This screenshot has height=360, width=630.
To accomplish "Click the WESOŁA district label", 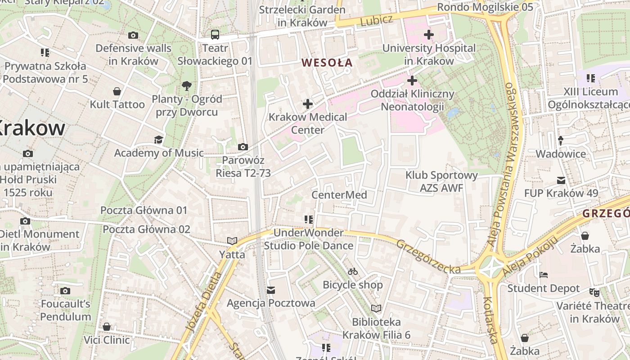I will [x=327, y=63].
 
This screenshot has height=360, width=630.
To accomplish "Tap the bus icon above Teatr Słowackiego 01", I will [x=215, y=34].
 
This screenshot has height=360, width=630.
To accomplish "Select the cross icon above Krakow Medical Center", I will [x=307, y=104].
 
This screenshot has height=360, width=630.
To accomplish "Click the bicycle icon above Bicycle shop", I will [x=353, y=271].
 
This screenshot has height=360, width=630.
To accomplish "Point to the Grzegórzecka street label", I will [x=428, y=256].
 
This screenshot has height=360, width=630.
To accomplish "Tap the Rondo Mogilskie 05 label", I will [x=485, y=7].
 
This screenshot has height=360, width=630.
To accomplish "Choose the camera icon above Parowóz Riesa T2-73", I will [x=243, y=147].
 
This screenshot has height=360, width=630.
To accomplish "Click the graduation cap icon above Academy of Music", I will [x=158, y=139].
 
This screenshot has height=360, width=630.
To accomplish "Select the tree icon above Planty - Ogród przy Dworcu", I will [x=186, y=85].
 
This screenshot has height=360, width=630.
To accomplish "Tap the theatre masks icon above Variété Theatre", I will [x=594, y=292].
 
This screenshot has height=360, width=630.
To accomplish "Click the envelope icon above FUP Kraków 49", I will [x=561, y=180].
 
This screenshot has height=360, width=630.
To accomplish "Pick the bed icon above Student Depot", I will [x=544, y=274].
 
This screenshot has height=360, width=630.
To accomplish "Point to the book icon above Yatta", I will [x=232, y=241].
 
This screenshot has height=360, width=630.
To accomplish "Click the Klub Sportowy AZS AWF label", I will [x=441, y=181].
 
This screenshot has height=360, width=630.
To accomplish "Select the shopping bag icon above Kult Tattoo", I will [x=117, y=91].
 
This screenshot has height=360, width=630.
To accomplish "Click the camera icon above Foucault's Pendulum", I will [x=65, y=291].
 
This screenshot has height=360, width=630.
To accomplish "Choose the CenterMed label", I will [x=339, y=195].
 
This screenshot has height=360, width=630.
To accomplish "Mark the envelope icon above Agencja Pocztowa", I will [x=271, y=290].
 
